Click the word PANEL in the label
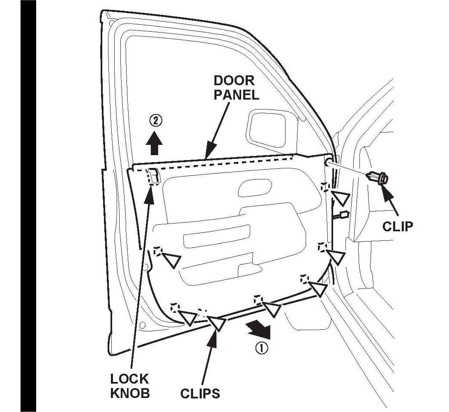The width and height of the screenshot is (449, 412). [238, 95]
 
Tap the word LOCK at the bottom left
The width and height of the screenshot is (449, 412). [129, 379]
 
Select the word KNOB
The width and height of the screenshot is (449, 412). [129, 393]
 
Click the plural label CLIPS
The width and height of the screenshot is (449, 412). [200, 393]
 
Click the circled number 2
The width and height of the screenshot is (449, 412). [155, 121]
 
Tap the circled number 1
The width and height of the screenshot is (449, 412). [262, 348]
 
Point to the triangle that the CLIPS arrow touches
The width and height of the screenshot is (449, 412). [216, 322]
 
